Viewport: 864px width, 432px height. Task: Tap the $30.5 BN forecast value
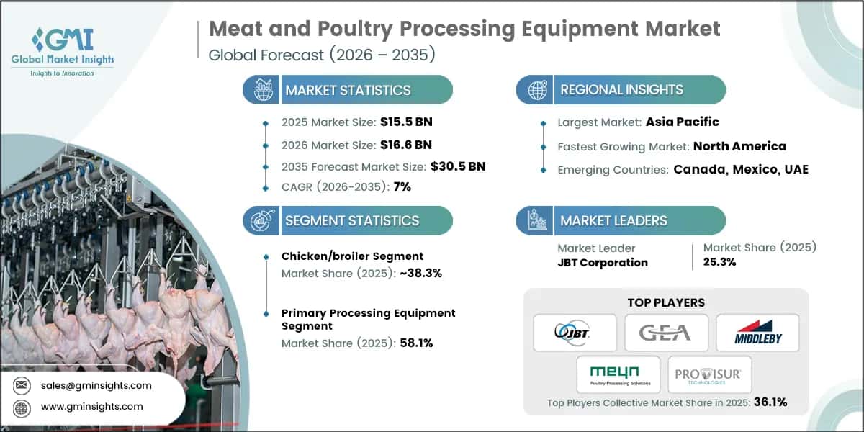(x=457, y=166)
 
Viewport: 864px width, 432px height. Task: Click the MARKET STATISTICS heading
(x=348, y=90)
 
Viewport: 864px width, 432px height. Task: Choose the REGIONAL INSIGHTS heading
(x=621, y=90)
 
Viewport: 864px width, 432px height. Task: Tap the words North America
(x=739, y=146)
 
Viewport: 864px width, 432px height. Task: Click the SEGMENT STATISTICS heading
(x=351, y=220)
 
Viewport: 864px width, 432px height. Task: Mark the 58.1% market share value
(x=415, y=343)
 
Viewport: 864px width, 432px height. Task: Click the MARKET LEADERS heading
(x=613, y=220)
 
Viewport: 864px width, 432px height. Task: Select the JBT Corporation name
(x=603, y=263)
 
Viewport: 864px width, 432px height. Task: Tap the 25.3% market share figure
(x=719, y=262)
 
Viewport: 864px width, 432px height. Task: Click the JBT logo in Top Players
(x=575, y=333)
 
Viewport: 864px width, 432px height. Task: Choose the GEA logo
(x=665, y=333)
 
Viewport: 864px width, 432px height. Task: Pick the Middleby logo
(x=757, y=333)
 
